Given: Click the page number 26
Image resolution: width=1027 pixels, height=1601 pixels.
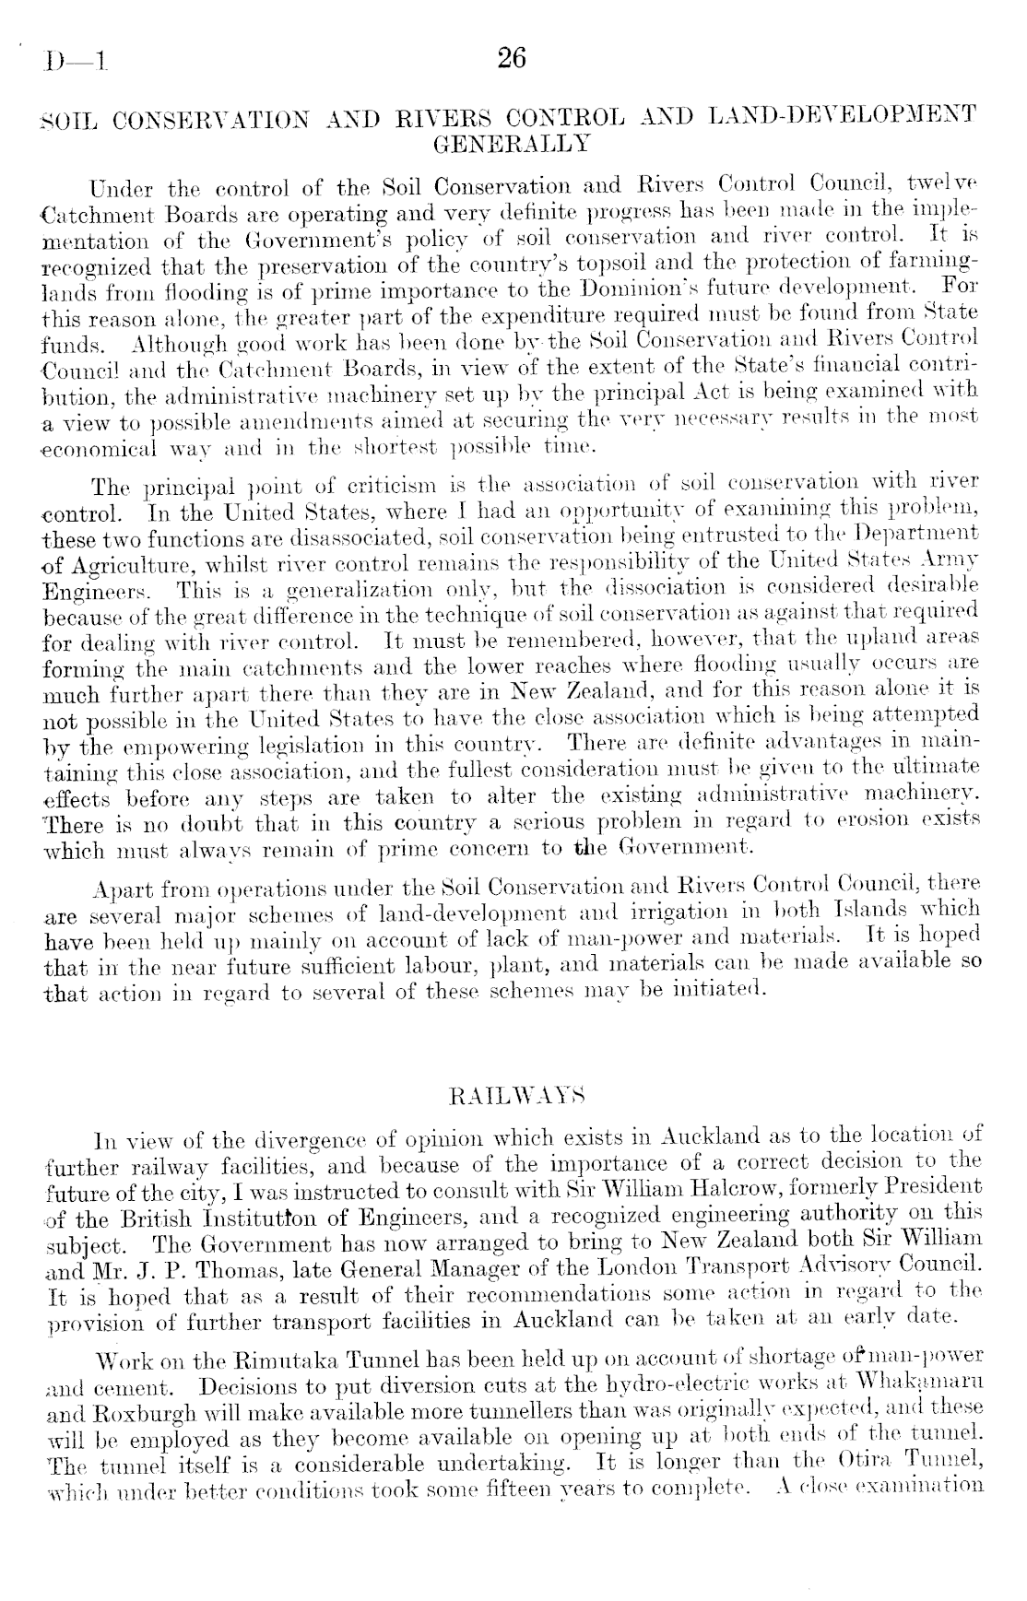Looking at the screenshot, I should click(511, 59).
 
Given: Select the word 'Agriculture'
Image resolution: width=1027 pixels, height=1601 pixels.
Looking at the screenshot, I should click(119, 561).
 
